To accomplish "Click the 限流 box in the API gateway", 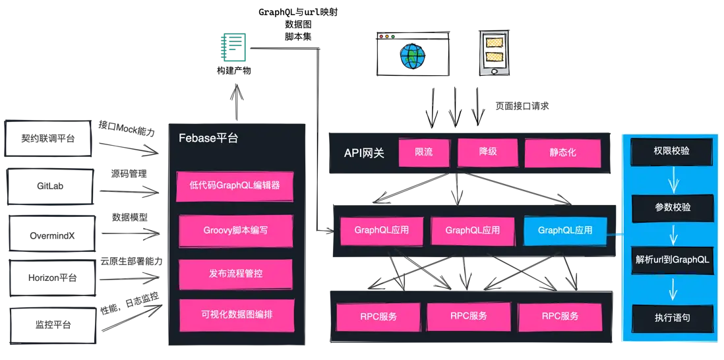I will (424, 153).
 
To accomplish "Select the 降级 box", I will (488, 152).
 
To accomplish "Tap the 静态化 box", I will (562, 153).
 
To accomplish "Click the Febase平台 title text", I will (208, 138).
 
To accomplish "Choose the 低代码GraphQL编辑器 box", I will (235, 186).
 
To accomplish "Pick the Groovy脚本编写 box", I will (235, 231).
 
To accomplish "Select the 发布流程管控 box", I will (235, 274).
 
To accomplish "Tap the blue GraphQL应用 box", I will (565, 231).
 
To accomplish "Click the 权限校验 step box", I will (671, 151).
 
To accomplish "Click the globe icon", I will (413, 56).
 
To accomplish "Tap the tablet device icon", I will (495, 53).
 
